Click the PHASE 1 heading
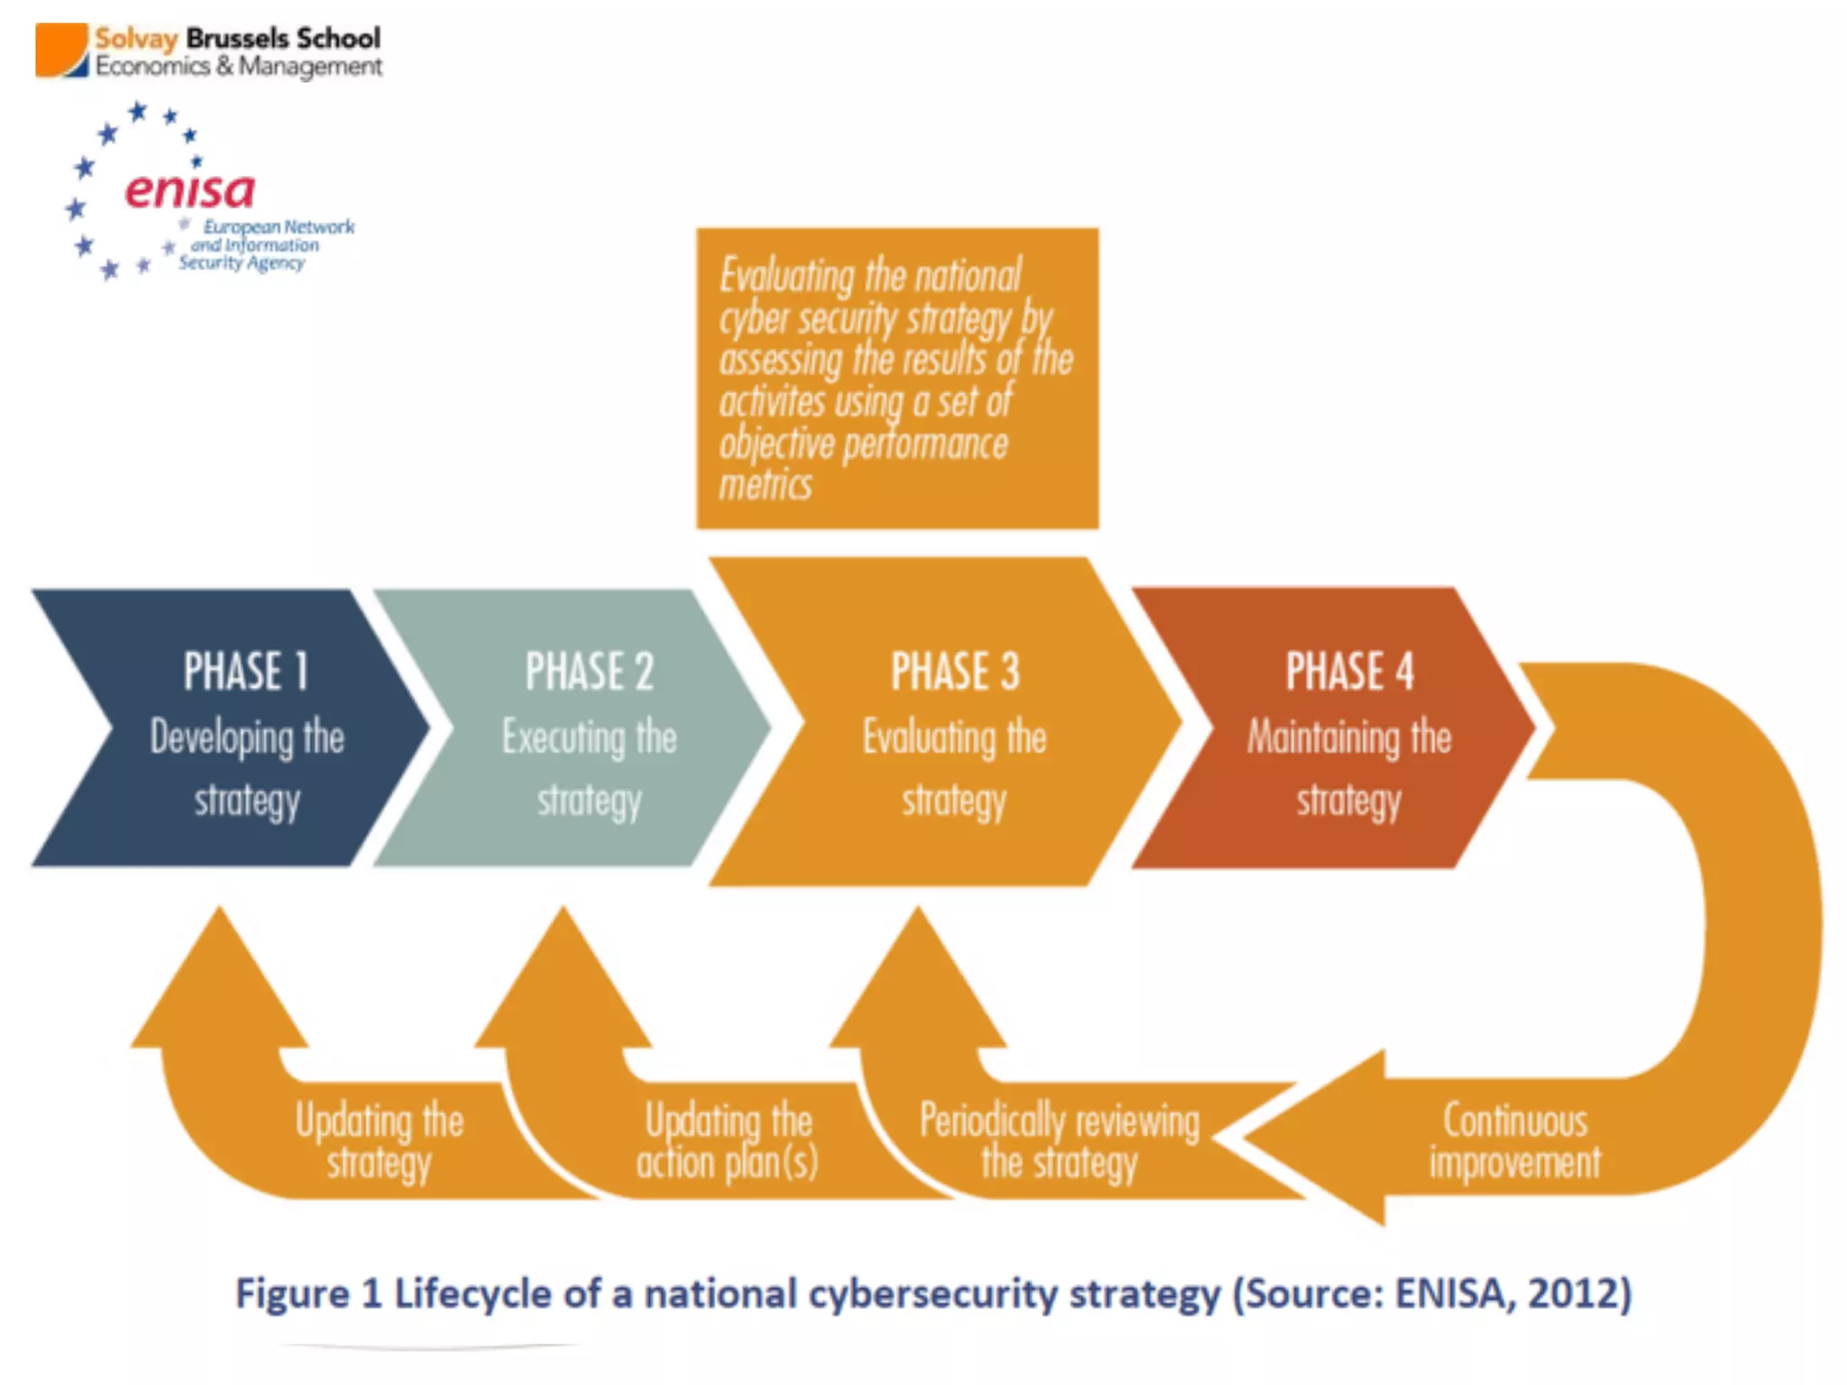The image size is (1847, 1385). click(x=246, y=672)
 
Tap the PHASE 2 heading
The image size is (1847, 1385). click(x=589, y=672)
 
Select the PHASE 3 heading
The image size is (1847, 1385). click(x=955, y=672)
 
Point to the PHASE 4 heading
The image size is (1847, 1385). click(x=1349, y=672)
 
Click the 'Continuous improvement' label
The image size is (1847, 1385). click(x=1515, y=1141)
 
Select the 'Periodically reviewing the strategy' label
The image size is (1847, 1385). click(x=1059, y=1141)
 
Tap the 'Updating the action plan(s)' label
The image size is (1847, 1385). click(x=728, y=1141)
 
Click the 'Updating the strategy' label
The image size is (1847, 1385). click(x=380, y=1141)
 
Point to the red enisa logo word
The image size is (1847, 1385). click(x=190, y=190)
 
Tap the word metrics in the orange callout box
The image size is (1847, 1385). click(x=766, y=485)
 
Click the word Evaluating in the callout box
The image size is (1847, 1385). click(x=786, y=275)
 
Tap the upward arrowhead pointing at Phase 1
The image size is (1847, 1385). click(x=220, y=983)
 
